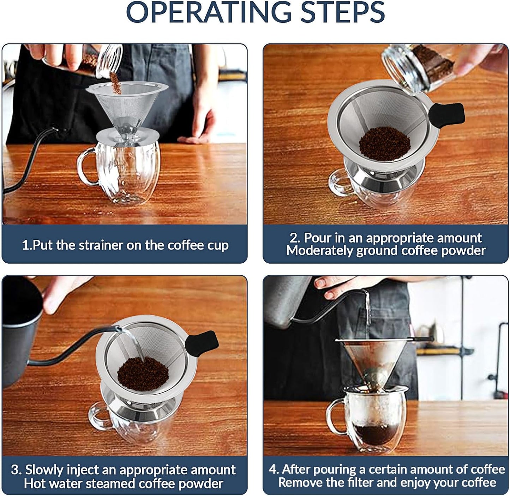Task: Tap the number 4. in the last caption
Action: click(x=274, y=469)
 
